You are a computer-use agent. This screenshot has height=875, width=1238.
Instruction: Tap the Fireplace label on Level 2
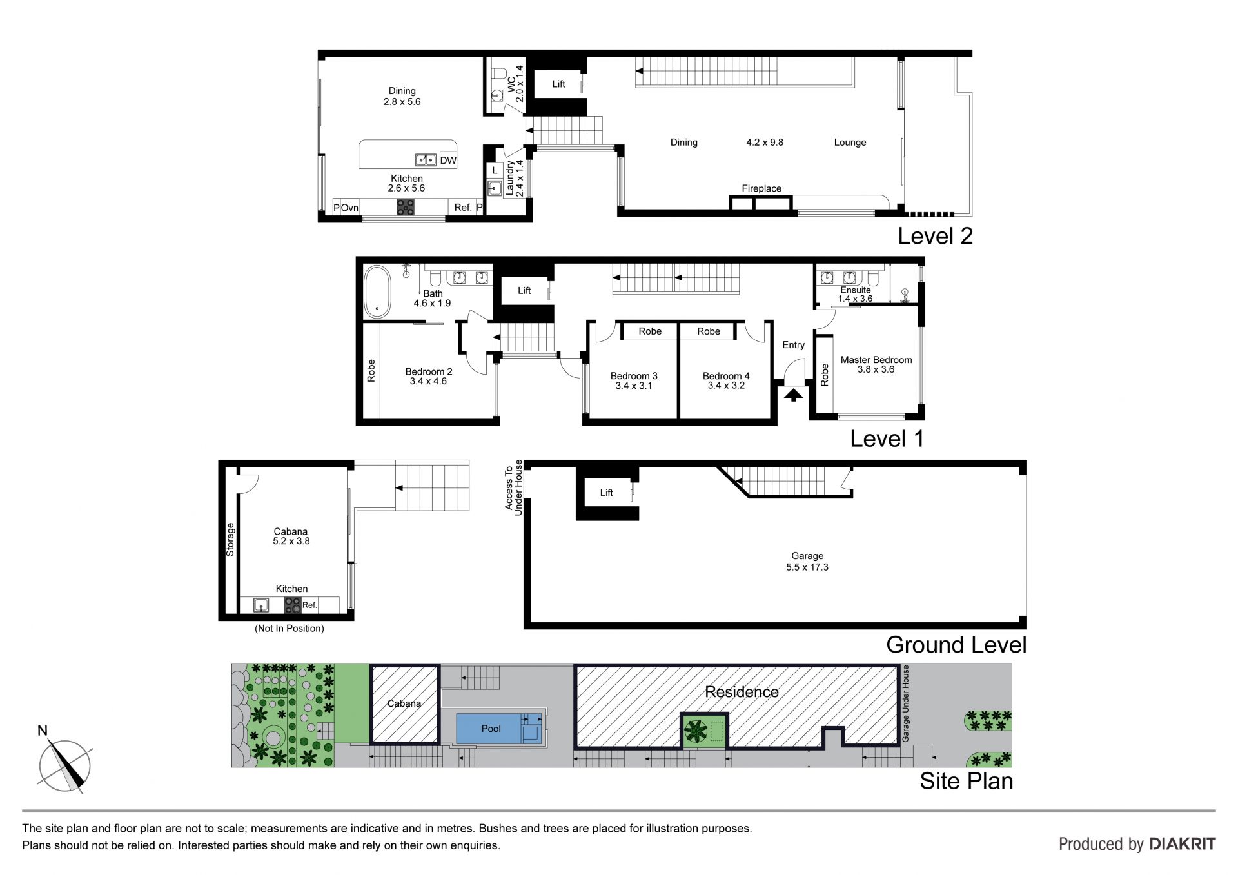(x=761, y=188)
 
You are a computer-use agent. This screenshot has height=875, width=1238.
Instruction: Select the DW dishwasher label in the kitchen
(x=447, y=161)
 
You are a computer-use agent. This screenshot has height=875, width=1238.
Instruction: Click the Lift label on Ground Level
(x=607, y=493)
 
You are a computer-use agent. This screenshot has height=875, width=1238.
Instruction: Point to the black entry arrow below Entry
(x=793, y=394)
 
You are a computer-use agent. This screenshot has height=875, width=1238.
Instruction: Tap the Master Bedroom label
(x=876, y=360)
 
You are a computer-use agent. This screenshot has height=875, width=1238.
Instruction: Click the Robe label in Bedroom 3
(x=650, y=331)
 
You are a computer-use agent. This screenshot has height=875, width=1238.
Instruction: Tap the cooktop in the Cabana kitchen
(x=293, y=605)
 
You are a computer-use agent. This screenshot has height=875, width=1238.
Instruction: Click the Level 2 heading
(x=935, y=236)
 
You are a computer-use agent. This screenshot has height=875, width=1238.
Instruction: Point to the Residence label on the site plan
(x=742, y=692)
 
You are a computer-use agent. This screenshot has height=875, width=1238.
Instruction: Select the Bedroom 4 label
(x=726, y=376)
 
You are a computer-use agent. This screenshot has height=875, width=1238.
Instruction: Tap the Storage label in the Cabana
(x=230, y=540)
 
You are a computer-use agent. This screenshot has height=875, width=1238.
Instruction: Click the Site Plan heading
(x=966, y=781)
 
